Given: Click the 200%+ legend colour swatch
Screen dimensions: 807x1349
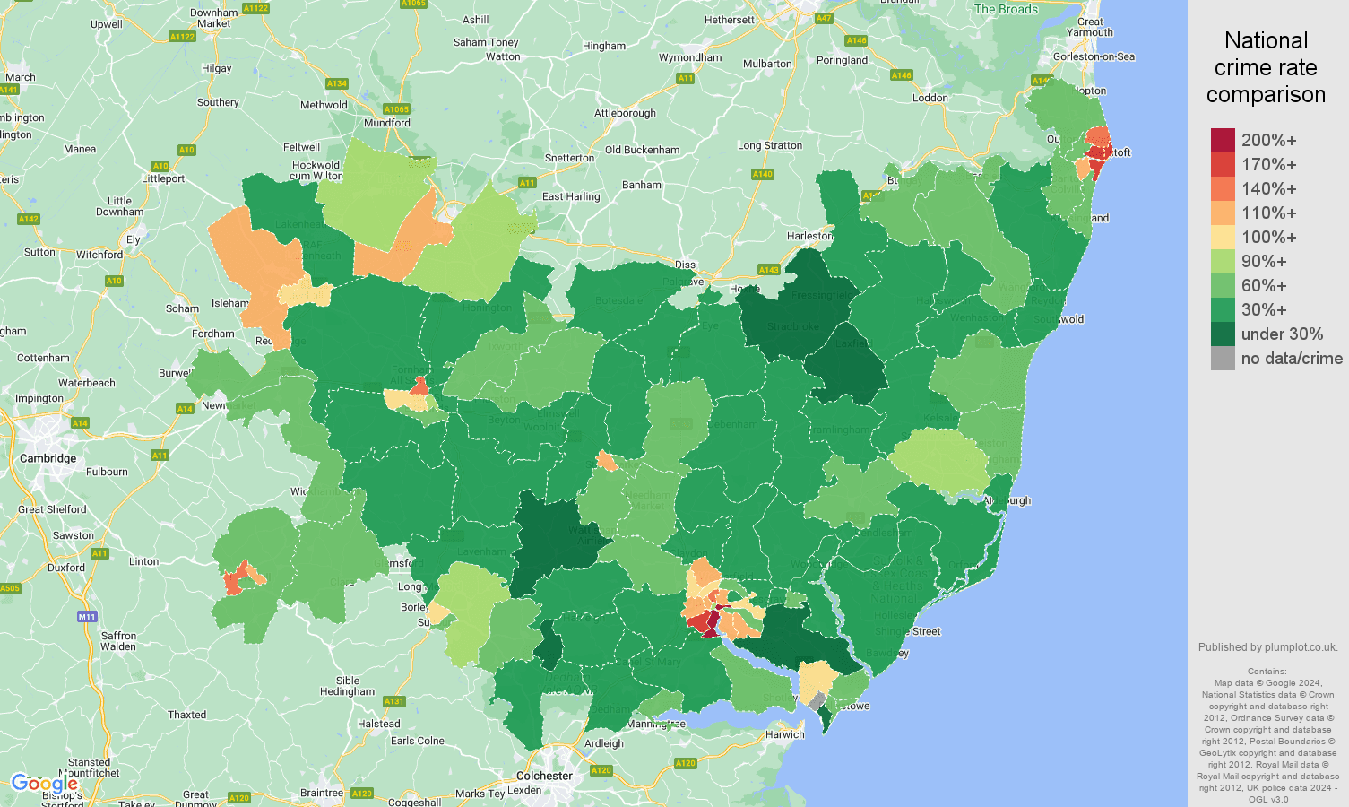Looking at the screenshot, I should coord(1223,140).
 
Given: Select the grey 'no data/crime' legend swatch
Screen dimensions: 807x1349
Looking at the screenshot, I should coord(1223,359).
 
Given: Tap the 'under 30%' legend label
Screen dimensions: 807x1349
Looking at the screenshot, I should coord(1282,334).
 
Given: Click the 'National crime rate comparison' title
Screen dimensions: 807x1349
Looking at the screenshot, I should coord(1266,67).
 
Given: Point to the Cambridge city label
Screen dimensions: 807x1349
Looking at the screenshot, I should coord(48,458).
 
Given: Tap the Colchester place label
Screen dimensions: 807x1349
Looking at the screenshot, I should coord(544,776).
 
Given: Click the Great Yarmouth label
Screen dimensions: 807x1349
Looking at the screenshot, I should coord(1090,27).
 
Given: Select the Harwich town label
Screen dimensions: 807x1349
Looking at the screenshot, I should coord(785,734).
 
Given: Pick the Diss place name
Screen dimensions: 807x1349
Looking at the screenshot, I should coord(685,265).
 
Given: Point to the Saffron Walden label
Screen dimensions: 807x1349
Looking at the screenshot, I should coord(118,640).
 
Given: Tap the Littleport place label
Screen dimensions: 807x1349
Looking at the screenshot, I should coord(162,178).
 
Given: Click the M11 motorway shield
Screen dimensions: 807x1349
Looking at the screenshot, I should coord(87,617).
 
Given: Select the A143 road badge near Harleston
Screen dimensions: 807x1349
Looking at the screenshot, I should coord(768,270).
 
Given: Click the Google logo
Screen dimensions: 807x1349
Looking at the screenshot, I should coord(44,785).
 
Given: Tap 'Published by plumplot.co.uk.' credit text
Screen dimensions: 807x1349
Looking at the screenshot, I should coord(1267,647).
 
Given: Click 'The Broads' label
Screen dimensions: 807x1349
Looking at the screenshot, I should coord(1006,10).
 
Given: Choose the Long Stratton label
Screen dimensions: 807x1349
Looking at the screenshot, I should coord(770,145).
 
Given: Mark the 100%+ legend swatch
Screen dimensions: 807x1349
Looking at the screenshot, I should coord(1223,238).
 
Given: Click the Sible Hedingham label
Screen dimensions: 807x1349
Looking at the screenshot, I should coord(348,686).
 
